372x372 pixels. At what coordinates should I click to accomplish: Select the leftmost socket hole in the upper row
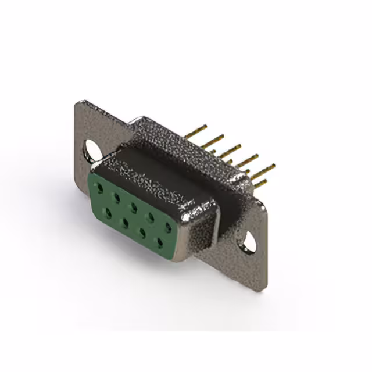coord(101,188)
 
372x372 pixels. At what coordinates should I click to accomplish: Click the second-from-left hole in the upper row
coord(117,198)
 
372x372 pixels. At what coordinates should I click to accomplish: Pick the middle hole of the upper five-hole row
coord(134,207)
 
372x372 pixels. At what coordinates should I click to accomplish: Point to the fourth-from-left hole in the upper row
coord(151,217)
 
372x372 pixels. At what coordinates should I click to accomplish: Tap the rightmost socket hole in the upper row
coord(168,227)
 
